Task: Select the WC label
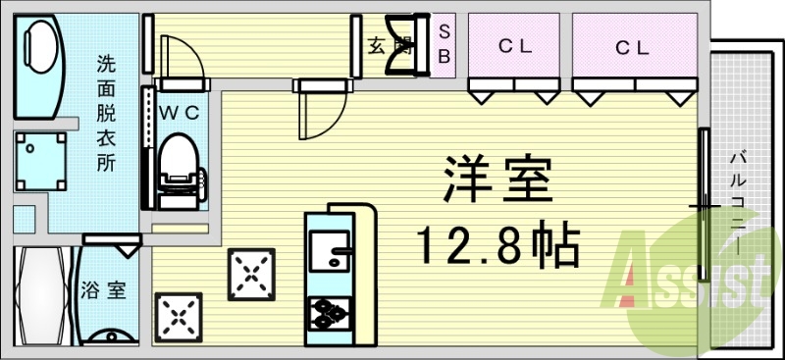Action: tap(181, 113)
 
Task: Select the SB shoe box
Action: tap(444, 45)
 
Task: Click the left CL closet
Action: tap(513, 47)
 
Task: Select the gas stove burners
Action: tap(329, 313)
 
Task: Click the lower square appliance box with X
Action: tap(180, 316)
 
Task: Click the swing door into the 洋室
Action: tap(322, 109)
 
